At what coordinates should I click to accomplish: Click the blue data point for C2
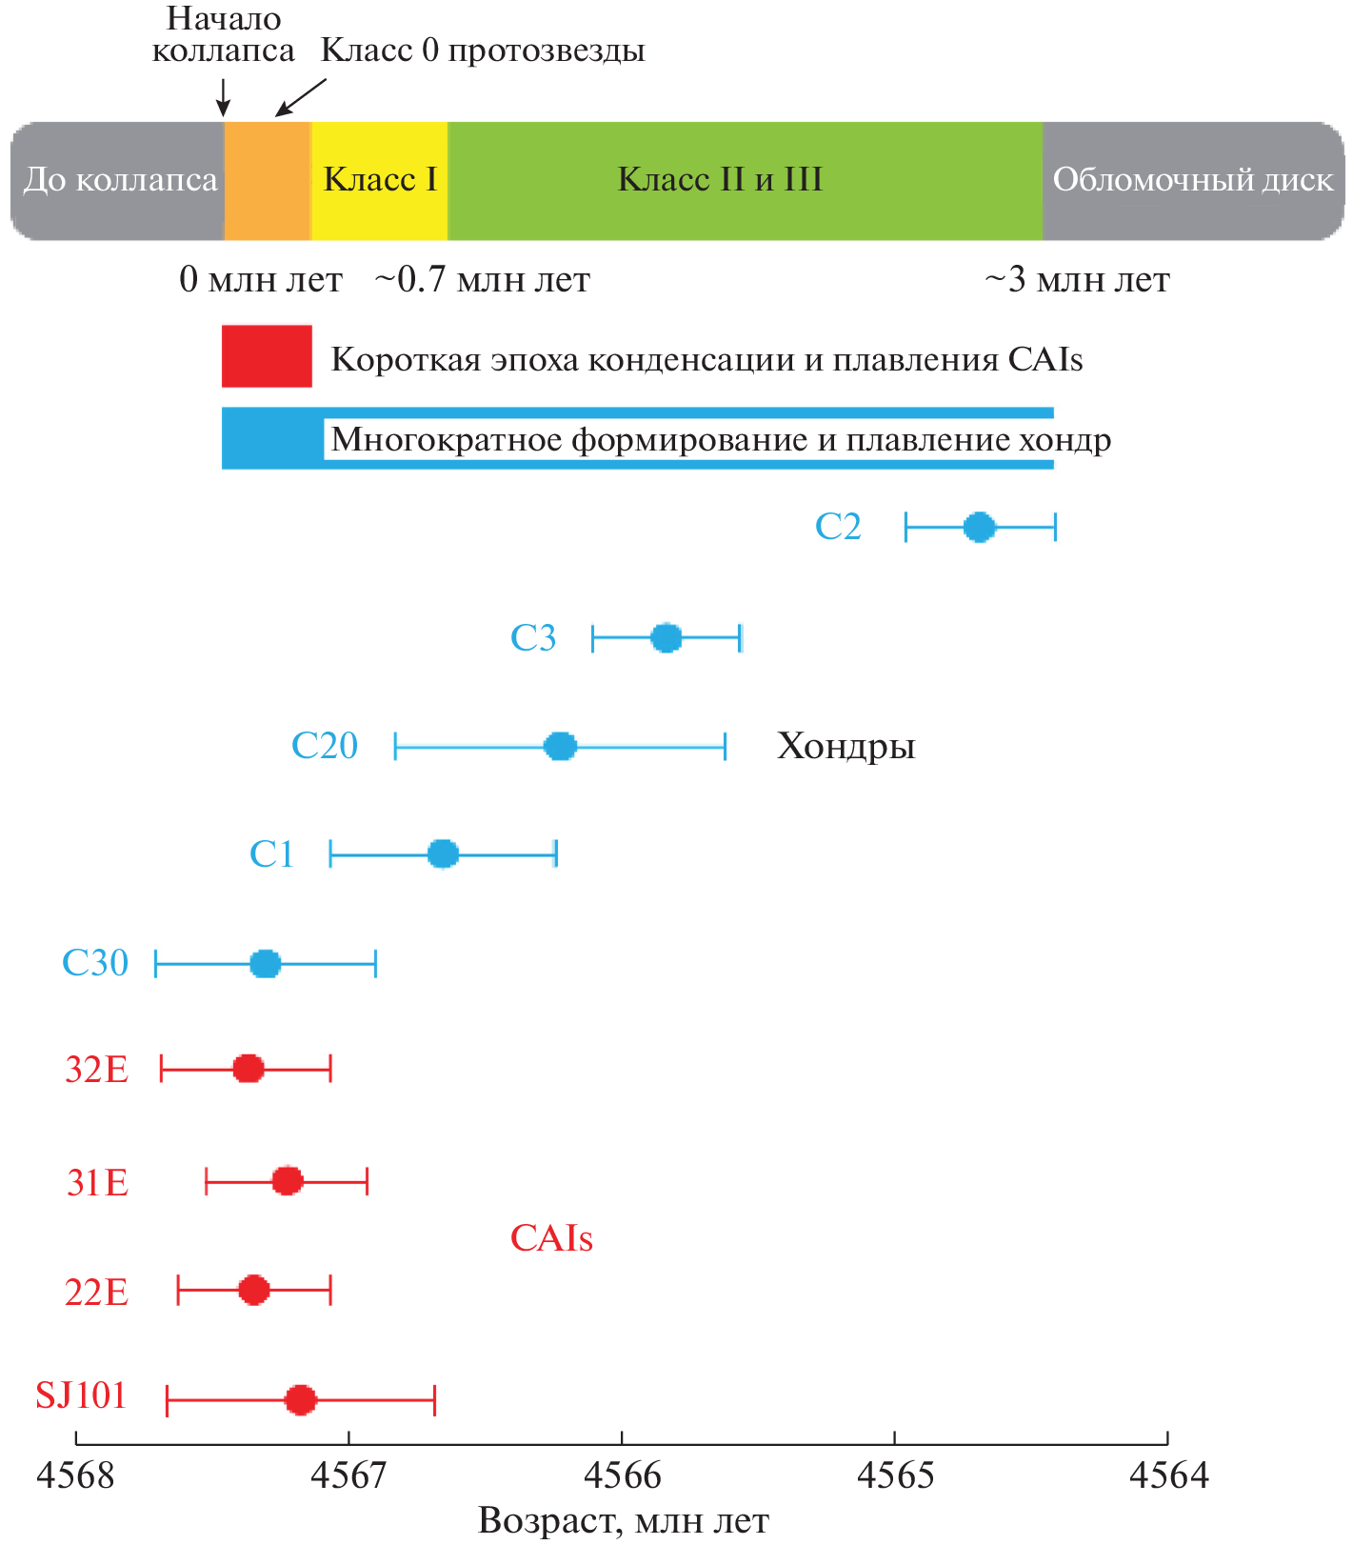click(979, 527)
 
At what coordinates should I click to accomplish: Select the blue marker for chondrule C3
click(666, 638)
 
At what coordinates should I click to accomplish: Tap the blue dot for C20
click(560, 746)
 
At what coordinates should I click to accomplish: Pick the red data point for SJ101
click(300, 1400)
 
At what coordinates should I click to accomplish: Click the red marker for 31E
click(287, 1182)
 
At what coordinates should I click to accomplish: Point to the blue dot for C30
click(265, 964)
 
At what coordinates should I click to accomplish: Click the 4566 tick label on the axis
click(622, 1475)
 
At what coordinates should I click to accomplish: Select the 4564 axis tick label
click(1168, 1475)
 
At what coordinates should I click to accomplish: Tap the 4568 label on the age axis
click(75, 1475)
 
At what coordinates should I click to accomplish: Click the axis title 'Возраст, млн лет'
click(623, 1521)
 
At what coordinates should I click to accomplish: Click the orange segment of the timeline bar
click(268, 180)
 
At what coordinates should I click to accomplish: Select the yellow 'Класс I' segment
click(380, 180)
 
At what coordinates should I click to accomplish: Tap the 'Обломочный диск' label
click(1192, 180)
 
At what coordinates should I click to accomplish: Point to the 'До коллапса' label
click(120, 180)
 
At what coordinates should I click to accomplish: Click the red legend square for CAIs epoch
click(267, 356)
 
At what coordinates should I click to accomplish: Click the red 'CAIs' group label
click(551, 1238)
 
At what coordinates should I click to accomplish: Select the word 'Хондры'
click(846, 746)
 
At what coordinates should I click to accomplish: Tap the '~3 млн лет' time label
click(1077, 280)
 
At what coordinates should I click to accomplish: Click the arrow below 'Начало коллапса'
click(223, 97)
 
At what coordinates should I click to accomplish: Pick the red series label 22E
click(96, 1293)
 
